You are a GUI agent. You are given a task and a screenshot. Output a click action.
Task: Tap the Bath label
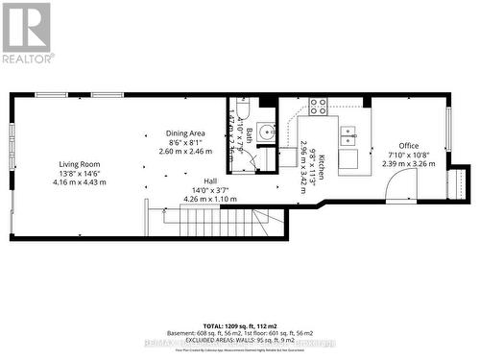click(x=249, y=136)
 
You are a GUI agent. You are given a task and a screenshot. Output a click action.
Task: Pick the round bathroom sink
click(x=267, y=132)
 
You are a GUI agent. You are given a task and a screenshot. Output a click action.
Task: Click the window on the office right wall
click(x=448, y=129)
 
